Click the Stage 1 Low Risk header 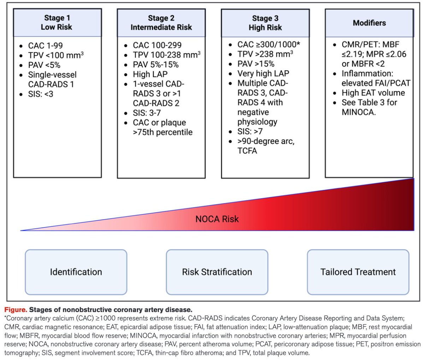[x=57, y=23]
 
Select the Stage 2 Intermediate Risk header [x=161, y=23]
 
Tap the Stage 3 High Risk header [x=265, y=23]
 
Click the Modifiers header [x=369, y=23]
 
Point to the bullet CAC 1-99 [x=45, y=46]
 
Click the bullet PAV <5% [x=44, y=65]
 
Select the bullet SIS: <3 [x=41, y=94]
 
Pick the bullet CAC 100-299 [x=157, y=45]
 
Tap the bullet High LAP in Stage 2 [x=150, y=74]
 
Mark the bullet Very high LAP [x=263, y=74]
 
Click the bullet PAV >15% [x=256, y=64]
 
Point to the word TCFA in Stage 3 [x=247, y=151]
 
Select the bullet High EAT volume [x=373, y=93]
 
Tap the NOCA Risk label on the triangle [x=217, y=219]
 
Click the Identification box [x=76, y=272]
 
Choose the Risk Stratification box [x=217, y=272]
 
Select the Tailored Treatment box [x=358, y=272]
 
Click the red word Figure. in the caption [x=16, y=310]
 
